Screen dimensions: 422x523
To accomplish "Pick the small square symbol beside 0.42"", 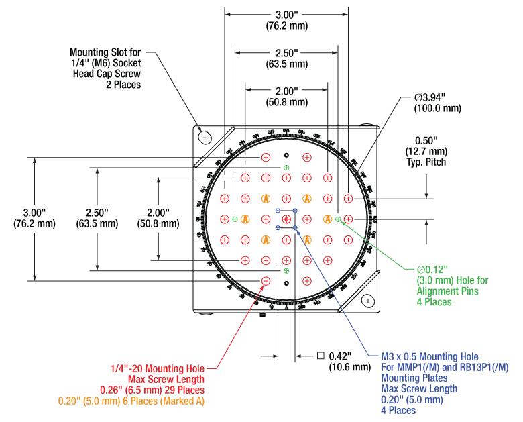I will point(321,356).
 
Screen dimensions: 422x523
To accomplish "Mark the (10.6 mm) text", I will point(349,367).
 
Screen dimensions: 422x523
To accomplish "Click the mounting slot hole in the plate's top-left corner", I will point(205,137).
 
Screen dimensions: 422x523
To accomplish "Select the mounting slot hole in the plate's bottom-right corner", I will point(368,301).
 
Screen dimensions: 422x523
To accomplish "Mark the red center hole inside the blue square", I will point(286,219).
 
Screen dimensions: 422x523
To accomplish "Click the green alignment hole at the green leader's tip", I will point(338,219).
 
